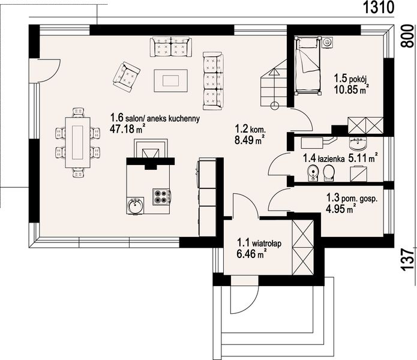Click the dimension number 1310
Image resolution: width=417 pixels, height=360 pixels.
click(378, 7)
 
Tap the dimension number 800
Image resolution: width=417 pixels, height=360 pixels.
click(407, 36)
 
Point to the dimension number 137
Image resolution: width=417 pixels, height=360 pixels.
click(407, 260)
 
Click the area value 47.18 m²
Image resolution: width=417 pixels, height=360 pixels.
click(127, 129)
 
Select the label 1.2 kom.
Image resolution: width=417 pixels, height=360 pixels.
click(250, 129)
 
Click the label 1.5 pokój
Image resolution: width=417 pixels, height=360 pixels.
click(350, 79)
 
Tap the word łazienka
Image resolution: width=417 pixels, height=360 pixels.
click(331, 159)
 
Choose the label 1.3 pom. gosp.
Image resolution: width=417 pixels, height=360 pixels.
click(352, 198)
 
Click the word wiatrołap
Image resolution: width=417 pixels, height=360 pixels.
click(267, 243)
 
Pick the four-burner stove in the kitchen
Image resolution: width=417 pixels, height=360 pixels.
click(161, 197)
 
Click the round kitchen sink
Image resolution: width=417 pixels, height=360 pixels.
click(136, 206)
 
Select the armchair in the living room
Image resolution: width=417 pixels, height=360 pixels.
click(127, 77)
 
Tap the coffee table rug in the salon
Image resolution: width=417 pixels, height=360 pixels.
click(171, 80)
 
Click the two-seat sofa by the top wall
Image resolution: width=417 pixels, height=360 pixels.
click(171, 47)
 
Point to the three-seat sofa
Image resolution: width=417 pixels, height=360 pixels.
click(213, 81)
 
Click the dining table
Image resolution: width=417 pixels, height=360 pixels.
click(77, 143)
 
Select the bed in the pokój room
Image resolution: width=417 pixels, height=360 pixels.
click(307, 65)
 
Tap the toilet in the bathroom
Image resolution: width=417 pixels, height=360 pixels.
click(329, 173)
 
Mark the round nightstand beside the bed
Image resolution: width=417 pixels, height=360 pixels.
click(327, 42)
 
